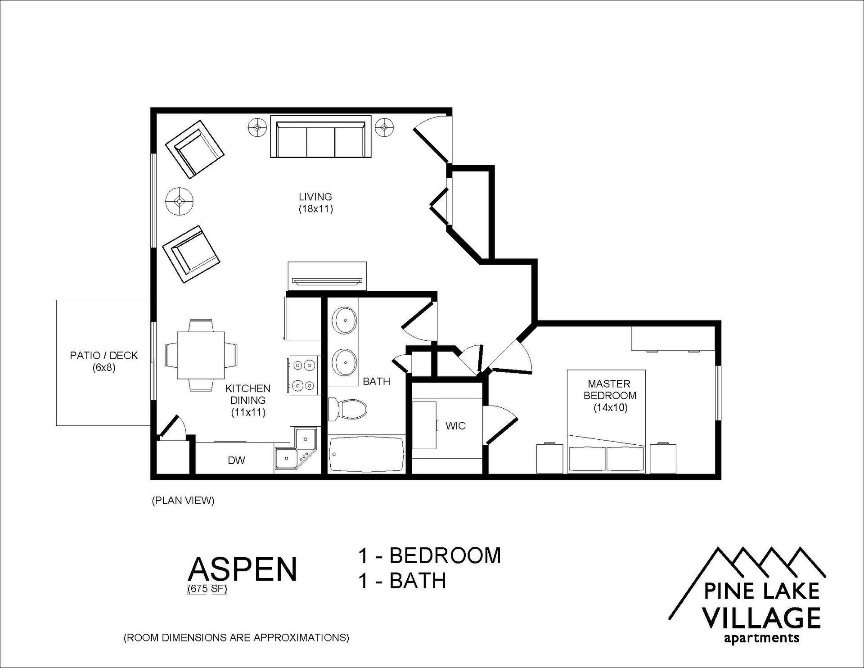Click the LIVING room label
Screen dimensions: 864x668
tap(315, 197)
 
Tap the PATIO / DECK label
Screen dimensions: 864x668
tap(104, 356)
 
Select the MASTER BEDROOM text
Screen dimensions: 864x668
tap(610, 390)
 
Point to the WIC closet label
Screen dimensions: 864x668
tap(455, 426)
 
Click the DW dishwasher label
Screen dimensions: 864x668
tap(236, 460)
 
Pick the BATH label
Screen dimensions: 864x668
tap(377, 382)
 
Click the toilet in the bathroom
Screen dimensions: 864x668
tap(347, 409)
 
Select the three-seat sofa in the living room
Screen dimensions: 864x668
tap(320, 137)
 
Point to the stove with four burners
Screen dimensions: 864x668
tap(304, 375)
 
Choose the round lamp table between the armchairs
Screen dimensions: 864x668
tap(180, 201)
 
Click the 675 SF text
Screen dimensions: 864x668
tap(207, 589)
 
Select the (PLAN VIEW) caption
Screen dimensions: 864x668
tap(183, 501)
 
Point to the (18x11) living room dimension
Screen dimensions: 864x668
tap(315, 209)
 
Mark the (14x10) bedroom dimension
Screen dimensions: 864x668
tap(610, 408)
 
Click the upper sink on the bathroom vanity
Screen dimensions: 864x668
tap(345, 320)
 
